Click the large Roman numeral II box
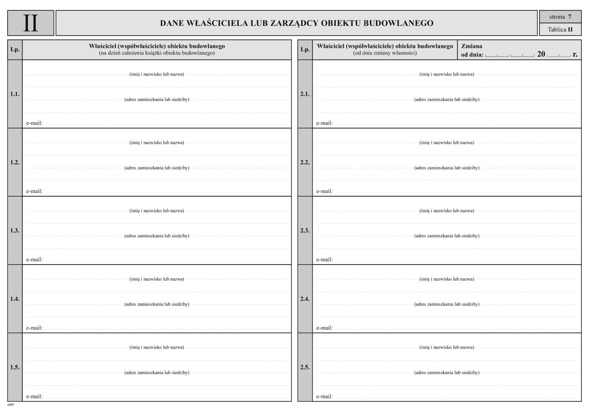(x=31, y=23)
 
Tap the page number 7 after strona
(x=570, y=17)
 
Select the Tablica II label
(x=560, y=30)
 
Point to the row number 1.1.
(x=15, y=94)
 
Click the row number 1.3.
(x=15, y=230)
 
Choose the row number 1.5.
(x=15, y=367)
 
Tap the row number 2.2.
(x=305, y=162)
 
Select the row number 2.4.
(x=305, y=299)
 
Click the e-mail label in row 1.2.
(x=34, y=191)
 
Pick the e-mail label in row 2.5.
(x=324, y=396)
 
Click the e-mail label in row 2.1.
(x=324, y=123)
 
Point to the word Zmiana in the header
(x=472, y=46)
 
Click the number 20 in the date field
(x=541, y=54)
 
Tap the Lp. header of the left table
(x=15, y=49)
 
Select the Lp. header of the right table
(x=305, y=49)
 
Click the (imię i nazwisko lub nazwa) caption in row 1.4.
(x=156, y=279)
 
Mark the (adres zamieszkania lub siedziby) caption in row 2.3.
(x=447, y=236)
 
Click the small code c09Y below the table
(x=11, y=405)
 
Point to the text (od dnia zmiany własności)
(x=385, y=53)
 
